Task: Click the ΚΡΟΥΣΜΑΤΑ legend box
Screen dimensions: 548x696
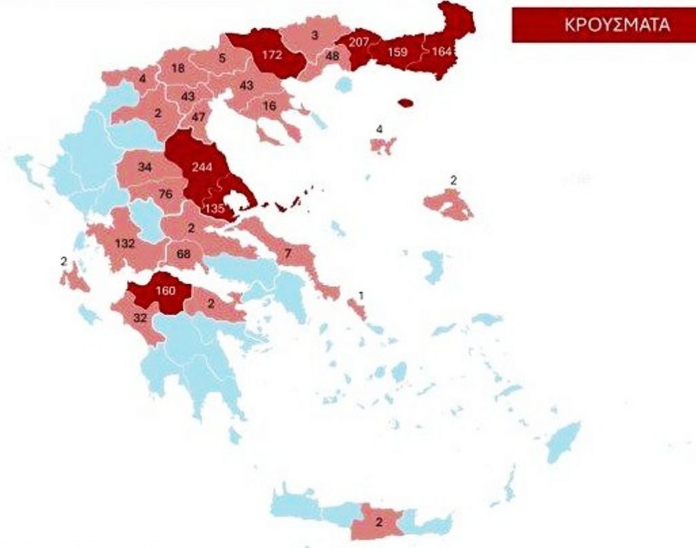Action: coord(602,25)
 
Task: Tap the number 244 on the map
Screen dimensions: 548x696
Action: coord(202,168)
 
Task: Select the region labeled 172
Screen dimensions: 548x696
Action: coord(271,55)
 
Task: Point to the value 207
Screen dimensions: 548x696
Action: coord(358,41)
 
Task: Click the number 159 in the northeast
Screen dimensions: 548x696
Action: coord(397,52)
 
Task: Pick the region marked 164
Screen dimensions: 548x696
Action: coord(441,52)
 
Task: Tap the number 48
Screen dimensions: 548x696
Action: coord(332,56)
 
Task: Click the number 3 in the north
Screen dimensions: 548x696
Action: coord(314,35)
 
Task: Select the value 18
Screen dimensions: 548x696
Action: coord(178,68)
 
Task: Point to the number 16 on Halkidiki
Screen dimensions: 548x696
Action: coord(269,106)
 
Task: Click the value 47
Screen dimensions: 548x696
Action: coord(198,117)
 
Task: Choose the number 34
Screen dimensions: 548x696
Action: coord(144,167)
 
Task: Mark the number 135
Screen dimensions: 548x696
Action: coord(215,208)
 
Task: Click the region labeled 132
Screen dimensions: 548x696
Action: coord(125,243)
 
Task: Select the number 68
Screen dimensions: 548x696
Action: coord(183,254)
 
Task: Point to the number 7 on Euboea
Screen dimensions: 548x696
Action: coord(288,254)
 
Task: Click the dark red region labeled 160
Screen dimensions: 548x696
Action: coord(165,291)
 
